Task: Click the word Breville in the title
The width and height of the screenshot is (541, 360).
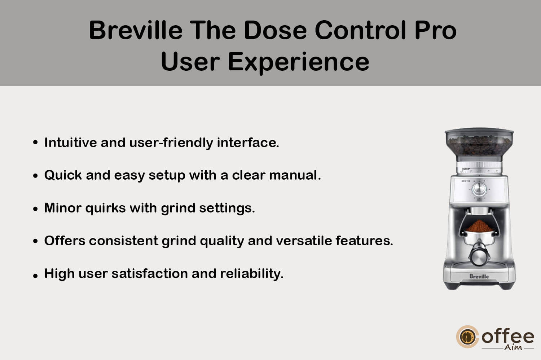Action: [x=136, y=30]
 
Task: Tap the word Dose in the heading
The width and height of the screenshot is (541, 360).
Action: [x=275, y=30]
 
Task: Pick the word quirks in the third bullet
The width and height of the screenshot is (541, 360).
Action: [x=106, y=208]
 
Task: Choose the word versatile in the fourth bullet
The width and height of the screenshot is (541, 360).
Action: [x=304, y=241]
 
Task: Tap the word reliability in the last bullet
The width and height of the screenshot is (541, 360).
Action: [x=252, y=274]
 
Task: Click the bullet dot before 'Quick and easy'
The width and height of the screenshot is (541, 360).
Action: [x=35, y=176]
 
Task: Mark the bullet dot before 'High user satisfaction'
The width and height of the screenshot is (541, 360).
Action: [x=35, y=276]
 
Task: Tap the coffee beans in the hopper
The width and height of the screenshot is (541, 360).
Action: [x=479, y=145]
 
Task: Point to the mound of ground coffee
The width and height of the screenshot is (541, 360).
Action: [x=479, y=226]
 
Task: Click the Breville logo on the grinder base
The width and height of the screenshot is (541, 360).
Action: [x=479, y=276]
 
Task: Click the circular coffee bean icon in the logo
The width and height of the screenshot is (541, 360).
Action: [x=467, y=337]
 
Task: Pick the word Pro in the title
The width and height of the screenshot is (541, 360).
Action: [x=436, y=30]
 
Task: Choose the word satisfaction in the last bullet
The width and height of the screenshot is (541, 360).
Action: [x=150, y=273]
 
